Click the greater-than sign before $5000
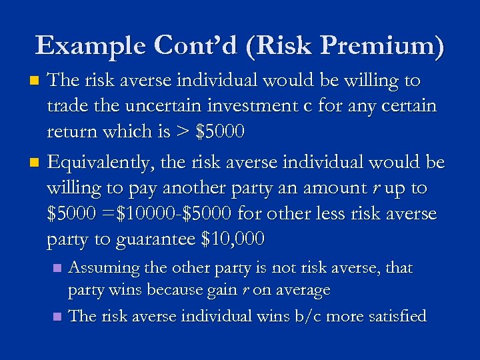(x=181, y=132)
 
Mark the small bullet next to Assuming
(x=57, y=269)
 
